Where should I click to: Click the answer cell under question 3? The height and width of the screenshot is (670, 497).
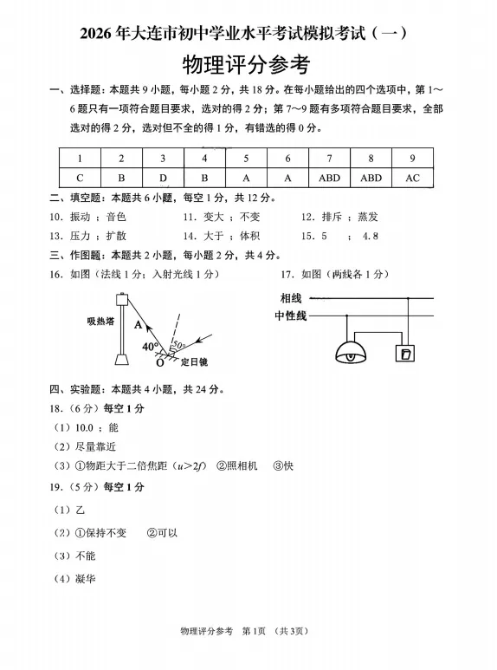162,178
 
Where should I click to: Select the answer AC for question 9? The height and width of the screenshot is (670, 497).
412,178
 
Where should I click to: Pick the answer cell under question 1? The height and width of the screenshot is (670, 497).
79,178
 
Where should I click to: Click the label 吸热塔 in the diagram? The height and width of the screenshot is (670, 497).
100,321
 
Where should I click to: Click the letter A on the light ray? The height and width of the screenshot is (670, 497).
137,325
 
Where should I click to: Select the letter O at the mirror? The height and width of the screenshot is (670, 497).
159,362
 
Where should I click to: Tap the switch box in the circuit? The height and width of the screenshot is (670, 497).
404,354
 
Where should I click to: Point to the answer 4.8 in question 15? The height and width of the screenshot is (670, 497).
371,236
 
